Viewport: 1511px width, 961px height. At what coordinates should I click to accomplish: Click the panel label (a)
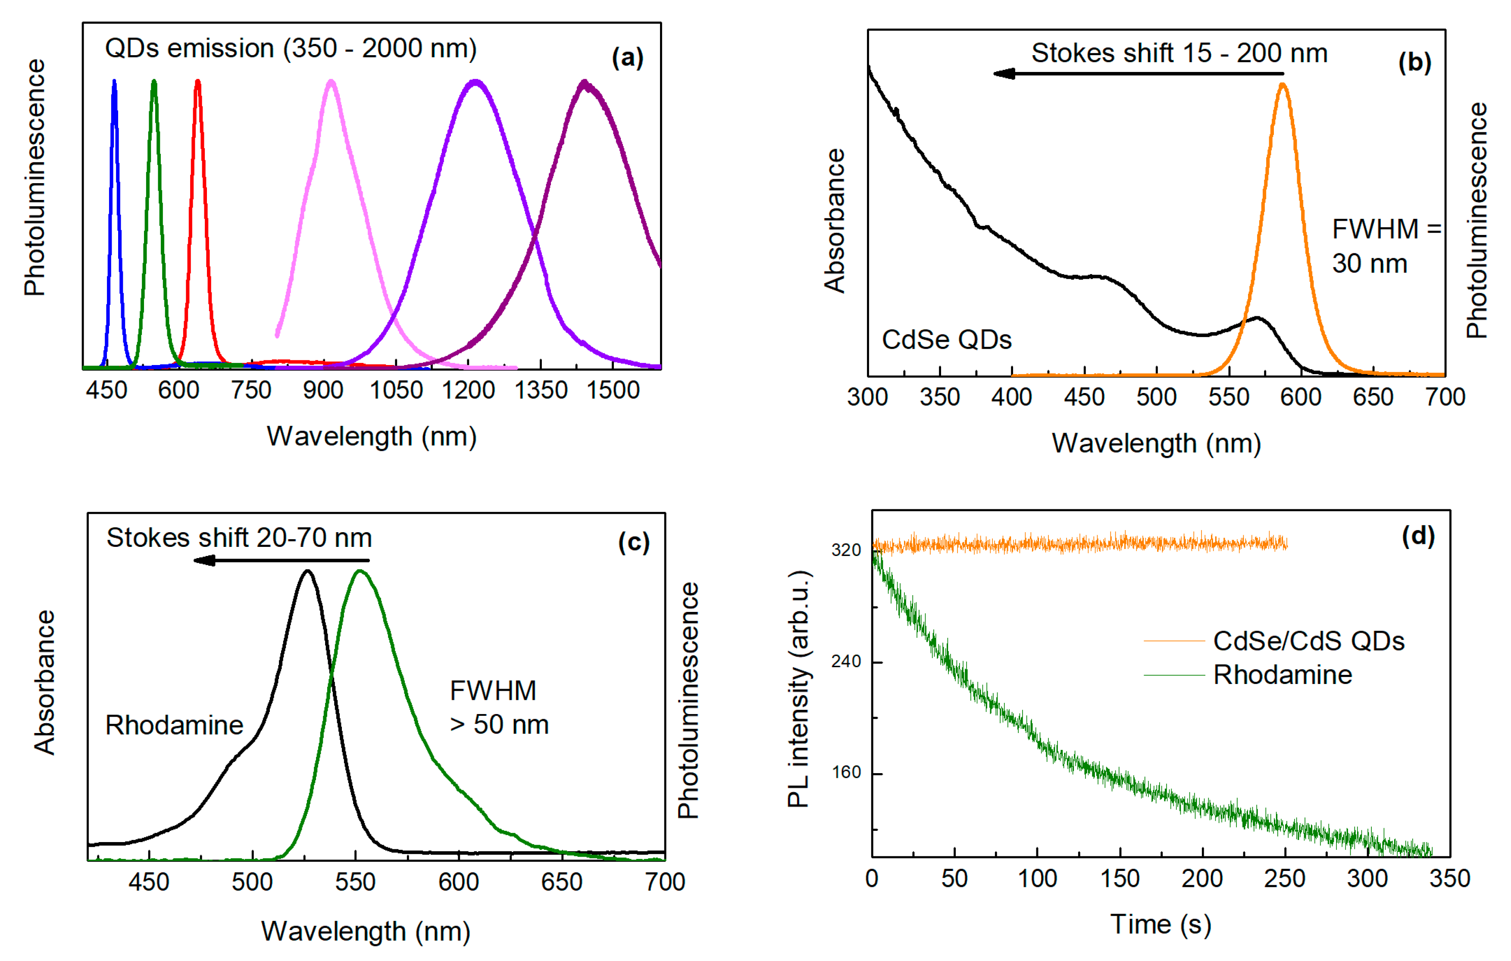(x=627, y=58)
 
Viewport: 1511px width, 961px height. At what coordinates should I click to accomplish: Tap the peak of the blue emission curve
(x=114, y=81)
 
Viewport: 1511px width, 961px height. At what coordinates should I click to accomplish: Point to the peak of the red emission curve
(x=198, y=81)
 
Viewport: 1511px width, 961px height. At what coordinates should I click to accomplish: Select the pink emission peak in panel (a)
(x=332, y=81)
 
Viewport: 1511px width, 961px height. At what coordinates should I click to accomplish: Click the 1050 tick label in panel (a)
(x=396, y=390)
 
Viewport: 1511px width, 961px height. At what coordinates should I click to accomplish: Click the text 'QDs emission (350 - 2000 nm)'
(x=291, y=48)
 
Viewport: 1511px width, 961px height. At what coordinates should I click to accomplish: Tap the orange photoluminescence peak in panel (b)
(x=1283, y=85)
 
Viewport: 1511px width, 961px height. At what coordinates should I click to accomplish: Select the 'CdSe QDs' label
(x=946, y=340)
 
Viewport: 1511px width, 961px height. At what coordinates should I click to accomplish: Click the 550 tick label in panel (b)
(x=1229, y=397)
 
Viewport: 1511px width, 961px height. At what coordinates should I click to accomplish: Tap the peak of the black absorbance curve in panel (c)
(x=307, y=571)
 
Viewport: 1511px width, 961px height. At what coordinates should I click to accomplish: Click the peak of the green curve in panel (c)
(x=360, y=571)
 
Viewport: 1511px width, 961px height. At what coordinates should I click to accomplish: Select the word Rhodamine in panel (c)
(x=174, y=725)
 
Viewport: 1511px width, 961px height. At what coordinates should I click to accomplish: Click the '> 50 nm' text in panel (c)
(x=499, y=724)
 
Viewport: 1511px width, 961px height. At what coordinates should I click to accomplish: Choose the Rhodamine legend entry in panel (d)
(x=1282, y=675)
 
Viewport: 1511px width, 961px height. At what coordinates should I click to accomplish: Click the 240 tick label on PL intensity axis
(x=845, y=662)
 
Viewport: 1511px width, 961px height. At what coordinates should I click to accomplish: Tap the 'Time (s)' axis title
(x=1160, y=925)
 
